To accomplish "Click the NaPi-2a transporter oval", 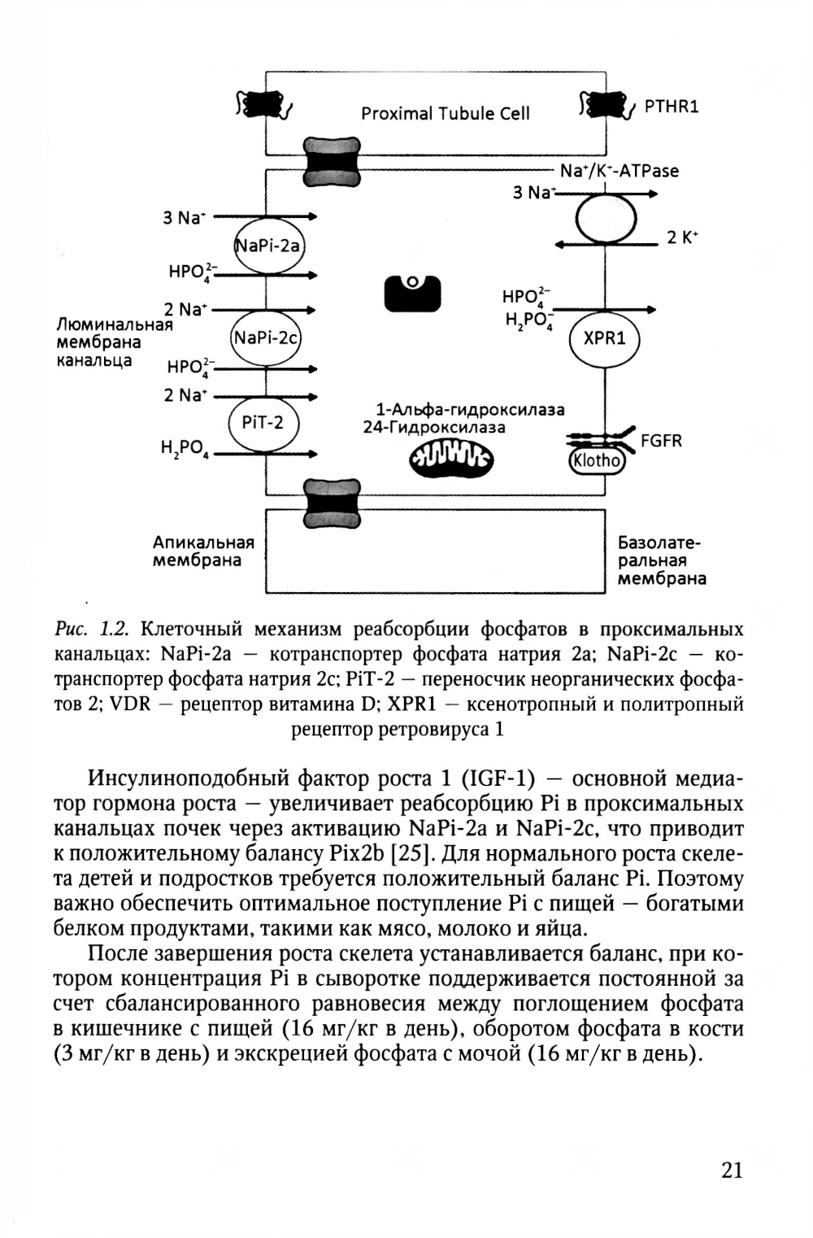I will (x=268, y=245).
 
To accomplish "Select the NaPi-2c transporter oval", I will (x=267, y=337).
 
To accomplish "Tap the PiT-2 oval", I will (x=263, y=423).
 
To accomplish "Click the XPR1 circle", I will (x=605, y=338).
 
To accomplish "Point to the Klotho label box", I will (x=596, y=461).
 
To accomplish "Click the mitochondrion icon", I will (x=450, y=460).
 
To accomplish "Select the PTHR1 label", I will (x=672, y=107).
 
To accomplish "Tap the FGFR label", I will (x=661, y=441).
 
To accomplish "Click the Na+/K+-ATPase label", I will (x=620, y=171).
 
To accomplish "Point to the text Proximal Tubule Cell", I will (x=445, y=114).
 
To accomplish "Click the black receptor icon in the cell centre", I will (x=412, y=292).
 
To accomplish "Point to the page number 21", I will (x=732, y=1170).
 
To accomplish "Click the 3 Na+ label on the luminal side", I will (x=185, y=218).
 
